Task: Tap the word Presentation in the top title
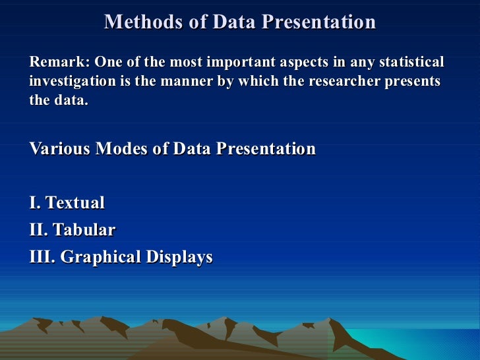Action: click(318, 22)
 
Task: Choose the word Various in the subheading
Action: click(60, 148)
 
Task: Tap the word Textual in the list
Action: click(75, 202)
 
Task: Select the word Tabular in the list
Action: click(84, 229)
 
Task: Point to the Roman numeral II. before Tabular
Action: click(38, 229)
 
